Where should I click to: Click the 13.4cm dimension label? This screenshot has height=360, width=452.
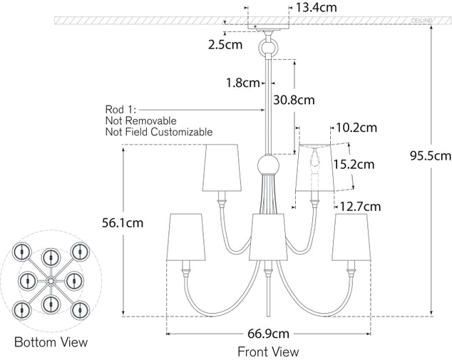(316, 8)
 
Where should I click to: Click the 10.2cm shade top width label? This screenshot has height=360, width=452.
(356, 128)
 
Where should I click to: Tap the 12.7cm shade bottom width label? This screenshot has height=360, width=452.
(360, 207)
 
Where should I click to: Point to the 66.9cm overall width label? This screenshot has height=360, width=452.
(269, 334)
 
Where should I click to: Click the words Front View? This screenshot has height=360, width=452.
(268, 351)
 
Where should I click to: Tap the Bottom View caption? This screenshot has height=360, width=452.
(51, 342)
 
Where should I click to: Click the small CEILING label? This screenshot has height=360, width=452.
(422, 21)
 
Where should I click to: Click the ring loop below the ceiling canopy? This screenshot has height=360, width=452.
(269, 48)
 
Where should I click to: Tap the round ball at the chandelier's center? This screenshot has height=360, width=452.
(267, 168)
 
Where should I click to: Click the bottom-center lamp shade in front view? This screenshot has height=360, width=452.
(269, 236)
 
